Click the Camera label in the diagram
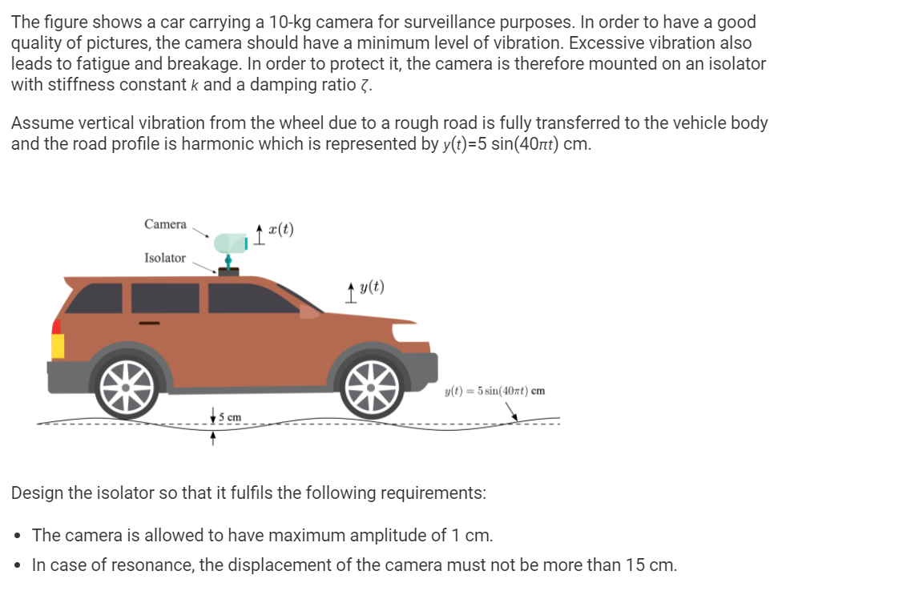165,224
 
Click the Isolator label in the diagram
164,258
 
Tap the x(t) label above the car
280,229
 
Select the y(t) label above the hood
371,287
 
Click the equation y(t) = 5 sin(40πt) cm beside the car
494,391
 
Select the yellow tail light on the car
58,345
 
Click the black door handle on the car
150,323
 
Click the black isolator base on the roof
228,271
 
